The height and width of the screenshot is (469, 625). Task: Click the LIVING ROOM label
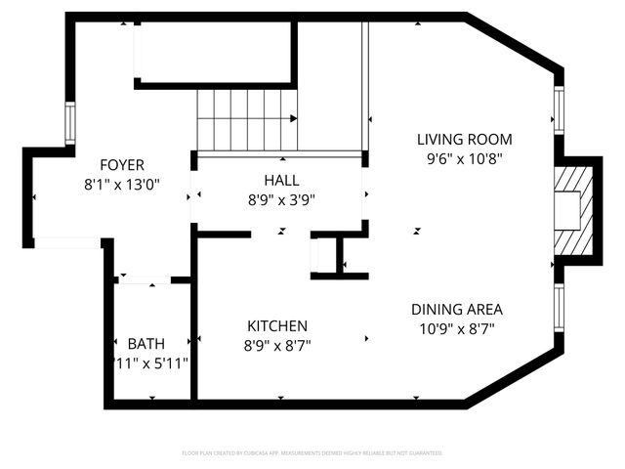464,139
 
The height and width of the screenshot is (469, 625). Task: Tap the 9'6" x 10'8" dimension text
464,157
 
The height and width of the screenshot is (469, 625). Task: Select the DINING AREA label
457,309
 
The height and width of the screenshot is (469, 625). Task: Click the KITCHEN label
276,325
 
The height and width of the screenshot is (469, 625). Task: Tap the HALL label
281,181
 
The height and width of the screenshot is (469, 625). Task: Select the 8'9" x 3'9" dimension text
281,199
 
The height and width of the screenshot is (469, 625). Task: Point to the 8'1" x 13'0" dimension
122,183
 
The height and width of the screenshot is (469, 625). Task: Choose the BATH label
146,343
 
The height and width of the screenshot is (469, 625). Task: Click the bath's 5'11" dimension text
151,362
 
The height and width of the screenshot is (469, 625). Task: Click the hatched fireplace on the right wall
573,210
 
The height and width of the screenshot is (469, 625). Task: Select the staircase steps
244,119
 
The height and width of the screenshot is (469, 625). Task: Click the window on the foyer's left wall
70,123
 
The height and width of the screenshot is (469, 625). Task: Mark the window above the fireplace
559,110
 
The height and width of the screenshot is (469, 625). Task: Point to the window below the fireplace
559,308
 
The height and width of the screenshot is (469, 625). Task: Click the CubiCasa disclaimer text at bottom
312,453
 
